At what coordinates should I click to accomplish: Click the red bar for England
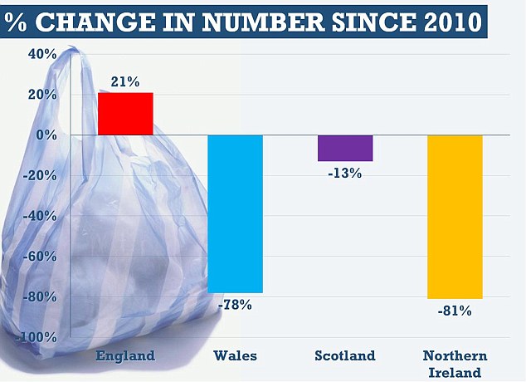[125, 114]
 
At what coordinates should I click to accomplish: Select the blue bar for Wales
[235, 213]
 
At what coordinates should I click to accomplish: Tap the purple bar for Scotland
[344, 148]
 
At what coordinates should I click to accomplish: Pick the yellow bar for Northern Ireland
[455, 216]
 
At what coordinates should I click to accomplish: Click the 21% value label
[125, 82]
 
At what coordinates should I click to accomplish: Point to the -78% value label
[235, 305]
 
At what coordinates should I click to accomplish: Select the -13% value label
[344, 173]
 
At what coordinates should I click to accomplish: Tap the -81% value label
[455, 311]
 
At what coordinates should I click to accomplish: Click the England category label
[125, 355]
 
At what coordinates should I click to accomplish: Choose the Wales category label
[235, 355]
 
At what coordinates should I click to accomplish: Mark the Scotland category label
[344, 355]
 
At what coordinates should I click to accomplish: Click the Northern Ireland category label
[455, 363]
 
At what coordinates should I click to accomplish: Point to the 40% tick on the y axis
[41, 55]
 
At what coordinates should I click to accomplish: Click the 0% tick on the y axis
[46, 135]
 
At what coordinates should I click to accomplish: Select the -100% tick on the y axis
[37, 337]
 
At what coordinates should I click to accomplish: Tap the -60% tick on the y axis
[40, 257]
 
